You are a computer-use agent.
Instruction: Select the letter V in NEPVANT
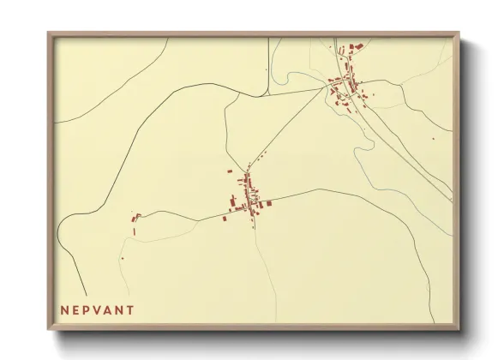(100, 310)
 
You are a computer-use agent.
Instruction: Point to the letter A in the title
(111, 310)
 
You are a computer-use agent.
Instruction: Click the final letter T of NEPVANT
(131, 310)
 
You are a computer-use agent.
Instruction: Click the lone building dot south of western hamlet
(122, 258)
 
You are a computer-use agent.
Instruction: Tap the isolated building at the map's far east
(432, 138)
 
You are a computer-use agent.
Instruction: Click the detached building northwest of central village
(229, 171)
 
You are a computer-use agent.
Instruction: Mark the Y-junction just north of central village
(248, 163)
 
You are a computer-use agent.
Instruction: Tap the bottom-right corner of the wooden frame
(460, 330)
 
